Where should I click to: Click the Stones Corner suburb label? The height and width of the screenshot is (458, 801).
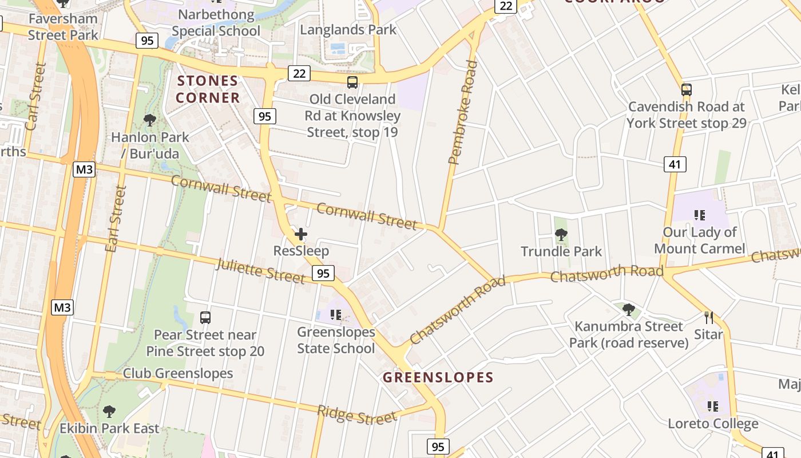click(208, 89)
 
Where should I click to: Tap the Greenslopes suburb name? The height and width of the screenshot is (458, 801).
click(438, 377)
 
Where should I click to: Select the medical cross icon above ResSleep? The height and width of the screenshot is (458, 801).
click(301, 234)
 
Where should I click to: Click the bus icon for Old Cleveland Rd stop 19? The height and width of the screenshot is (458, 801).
click(352, 82)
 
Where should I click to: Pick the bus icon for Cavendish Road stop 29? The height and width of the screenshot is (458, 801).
click(686, 90)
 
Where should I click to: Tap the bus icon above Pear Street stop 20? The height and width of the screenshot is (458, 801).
click(205, 318)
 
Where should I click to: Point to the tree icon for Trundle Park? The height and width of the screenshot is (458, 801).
click(561, 234)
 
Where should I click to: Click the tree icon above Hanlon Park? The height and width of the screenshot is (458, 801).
click(150, 120)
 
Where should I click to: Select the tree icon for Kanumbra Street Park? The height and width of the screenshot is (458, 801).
click(628, 310)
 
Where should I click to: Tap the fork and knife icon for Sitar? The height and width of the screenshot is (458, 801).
click(708, 318)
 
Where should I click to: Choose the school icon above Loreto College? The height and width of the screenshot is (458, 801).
click(713, 406)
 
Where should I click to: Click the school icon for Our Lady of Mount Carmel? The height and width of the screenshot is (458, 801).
click(699, 215)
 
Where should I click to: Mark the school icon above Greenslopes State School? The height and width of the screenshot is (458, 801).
click(336, 314)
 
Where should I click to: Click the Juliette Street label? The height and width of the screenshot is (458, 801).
click(260, 270)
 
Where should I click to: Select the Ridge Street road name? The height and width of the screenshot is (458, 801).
click(356, 414)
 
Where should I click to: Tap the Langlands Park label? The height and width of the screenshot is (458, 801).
click(348, 29)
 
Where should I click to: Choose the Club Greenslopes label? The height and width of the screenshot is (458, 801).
click(178, 373)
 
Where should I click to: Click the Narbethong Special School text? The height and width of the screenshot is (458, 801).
click(216, 22)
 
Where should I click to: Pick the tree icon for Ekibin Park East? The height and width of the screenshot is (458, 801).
click(109, 411)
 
